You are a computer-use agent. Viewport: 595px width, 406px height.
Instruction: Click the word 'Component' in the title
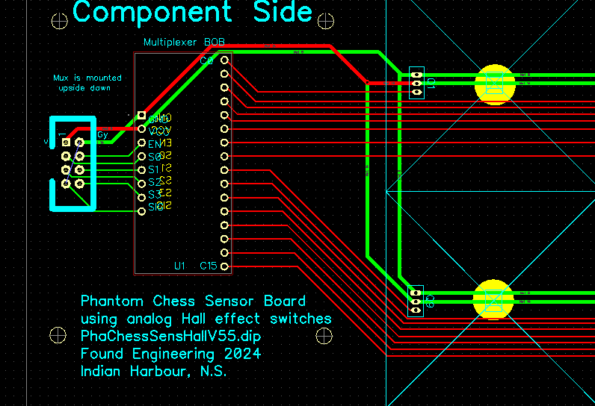(x=152, y=12)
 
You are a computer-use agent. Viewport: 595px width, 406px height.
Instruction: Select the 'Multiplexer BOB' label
(x=183, y=43)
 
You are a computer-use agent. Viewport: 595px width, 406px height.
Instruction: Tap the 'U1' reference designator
(x=179, y=266)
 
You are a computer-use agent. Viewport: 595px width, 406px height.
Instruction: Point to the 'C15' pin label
(x=209, y=266)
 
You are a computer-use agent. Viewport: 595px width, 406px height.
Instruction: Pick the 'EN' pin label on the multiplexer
(x=154, y=143)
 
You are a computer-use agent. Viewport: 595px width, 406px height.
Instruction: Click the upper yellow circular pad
(x=495, y=84)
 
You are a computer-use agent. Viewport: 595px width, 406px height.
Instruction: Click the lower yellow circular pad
(x=493, y=299)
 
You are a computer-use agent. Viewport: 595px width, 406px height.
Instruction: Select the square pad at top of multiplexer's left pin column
(x=141, y=116)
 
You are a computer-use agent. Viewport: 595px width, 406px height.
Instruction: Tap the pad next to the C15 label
(x=224, y=266)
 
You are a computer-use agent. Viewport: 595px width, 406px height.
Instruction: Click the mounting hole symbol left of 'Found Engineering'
(x=56, y=335)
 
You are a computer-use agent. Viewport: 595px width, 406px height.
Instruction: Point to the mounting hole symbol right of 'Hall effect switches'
(x=324, y=336)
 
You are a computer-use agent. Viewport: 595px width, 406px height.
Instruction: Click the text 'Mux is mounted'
(x=87, y=78)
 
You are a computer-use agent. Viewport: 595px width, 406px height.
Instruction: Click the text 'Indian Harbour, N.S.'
(x=153, y=371)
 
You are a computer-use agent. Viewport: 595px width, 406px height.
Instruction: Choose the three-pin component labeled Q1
(x=416, y=83)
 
